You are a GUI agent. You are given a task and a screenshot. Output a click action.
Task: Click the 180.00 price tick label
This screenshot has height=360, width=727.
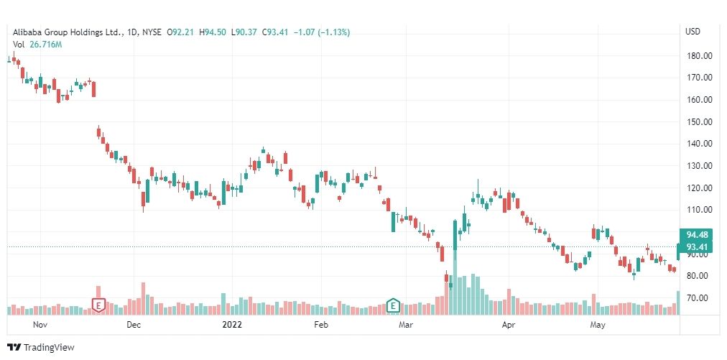coord(698,55)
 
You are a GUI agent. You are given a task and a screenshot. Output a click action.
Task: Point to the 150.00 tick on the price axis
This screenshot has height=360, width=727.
coord(698,121)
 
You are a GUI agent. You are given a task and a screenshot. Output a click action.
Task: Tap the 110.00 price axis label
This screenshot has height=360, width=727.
coord(698,210)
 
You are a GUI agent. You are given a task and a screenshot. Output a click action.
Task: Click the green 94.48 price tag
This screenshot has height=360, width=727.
coord(696,234)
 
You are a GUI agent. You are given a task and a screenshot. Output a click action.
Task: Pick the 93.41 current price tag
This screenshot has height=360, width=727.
coord(696,247)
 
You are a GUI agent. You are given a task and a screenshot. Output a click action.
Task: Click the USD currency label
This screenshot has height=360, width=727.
coord(693,32)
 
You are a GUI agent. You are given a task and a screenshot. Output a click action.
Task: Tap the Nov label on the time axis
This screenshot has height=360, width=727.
coord(40,325)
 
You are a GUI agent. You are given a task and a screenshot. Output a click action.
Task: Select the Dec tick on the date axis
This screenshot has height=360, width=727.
coord(133,325)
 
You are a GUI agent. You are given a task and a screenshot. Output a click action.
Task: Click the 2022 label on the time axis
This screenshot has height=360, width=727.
coord(231,325)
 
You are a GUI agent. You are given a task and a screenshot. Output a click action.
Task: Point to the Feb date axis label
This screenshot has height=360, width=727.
coord(320,325)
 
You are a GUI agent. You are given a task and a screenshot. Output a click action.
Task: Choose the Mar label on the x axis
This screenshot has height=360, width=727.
coord(407,325)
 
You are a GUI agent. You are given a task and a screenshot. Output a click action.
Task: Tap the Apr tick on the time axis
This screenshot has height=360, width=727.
coord(509,325)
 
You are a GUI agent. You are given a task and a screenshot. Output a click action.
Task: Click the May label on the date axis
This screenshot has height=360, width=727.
coord(597,325)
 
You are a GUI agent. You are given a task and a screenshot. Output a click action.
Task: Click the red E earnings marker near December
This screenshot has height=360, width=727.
coord(98,305)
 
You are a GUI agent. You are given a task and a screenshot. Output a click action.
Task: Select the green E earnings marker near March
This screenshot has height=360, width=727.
coord(393,305)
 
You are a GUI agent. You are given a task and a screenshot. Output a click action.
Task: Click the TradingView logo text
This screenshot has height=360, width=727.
coord(48,347)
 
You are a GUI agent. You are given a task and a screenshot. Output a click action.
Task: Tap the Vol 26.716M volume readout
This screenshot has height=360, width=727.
coord(37,45)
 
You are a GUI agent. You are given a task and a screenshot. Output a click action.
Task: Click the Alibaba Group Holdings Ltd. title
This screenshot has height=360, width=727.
coord(67,32)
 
